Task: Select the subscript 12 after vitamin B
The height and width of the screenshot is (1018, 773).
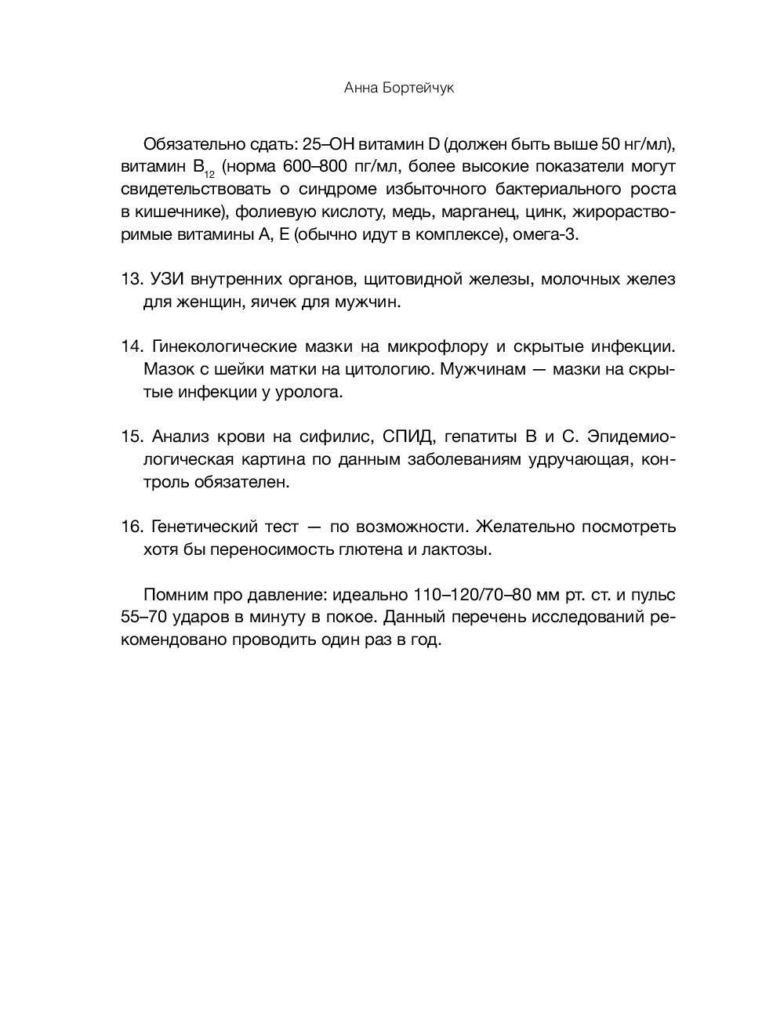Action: [210, 173]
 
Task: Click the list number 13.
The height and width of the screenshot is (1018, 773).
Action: [130, 280]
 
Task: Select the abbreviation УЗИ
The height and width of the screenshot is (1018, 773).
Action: [165, 280]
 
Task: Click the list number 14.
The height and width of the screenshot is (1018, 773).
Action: [130, 346]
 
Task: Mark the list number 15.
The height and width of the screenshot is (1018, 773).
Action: [130, 437]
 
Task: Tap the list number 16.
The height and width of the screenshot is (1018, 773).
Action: [130, 527]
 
